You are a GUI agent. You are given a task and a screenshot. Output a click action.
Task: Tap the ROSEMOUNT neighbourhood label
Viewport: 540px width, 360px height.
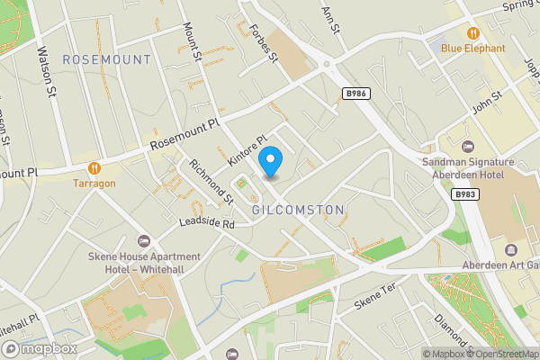[x=107, y=59]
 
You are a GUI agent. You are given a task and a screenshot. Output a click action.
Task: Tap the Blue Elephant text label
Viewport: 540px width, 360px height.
[x=473, y=48]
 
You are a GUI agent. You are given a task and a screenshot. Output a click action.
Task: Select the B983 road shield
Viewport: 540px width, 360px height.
[x=465, y=193]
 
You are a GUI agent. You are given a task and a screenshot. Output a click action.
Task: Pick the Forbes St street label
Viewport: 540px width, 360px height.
[x=263, y=40]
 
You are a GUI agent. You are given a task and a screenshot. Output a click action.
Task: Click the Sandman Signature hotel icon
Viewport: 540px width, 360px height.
[x=466, y=147]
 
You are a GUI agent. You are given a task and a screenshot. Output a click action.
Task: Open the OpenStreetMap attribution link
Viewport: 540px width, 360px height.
[x=499, y=354]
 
